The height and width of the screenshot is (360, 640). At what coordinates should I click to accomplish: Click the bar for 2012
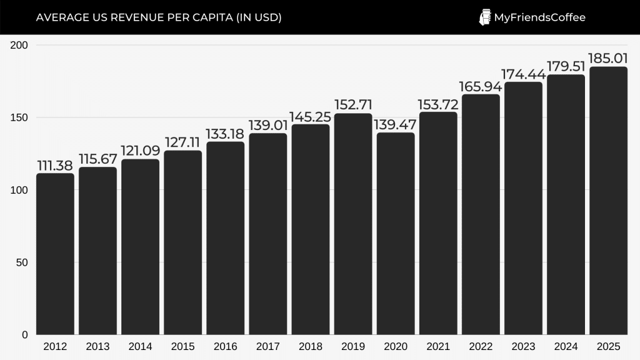click(x=55, y=253)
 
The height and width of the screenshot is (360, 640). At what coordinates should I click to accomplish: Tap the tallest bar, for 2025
click(x=608, y=200)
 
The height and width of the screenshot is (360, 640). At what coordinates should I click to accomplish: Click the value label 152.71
click(x=353, y=104)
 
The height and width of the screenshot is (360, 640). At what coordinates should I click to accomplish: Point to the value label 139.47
click(x=395, y=124)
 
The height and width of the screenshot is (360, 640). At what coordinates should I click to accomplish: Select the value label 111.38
click(x=55, y=165)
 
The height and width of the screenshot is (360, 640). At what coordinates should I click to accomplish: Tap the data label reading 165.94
click(x=481, y=86)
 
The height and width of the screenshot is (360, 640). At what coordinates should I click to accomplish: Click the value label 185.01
click(x=608, y=58)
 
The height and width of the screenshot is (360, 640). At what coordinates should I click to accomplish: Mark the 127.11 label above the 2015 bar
click(x=182, y=142)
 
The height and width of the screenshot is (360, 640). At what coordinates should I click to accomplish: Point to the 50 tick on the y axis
click(x=22, y=262)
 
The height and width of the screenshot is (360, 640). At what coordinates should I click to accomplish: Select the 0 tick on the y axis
click(x=24, y=335)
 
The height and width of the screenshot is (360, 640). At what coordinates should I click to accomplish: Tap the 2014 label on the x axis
click(x=140, y=346)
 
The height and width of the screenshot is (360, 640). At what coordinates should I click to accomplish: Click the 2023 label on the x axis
click(x=523, y=346)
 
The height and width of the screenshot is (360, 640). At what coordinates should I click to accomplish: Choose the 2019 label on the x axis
click(x=353, y=346)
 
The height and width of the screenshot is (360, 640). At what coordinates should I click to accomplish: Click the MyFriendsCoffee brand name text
click(x=539, y=17)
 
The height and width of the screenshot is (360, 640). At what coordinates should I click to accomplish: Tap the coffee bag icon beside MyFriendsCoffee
click(x=484, y=17)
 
